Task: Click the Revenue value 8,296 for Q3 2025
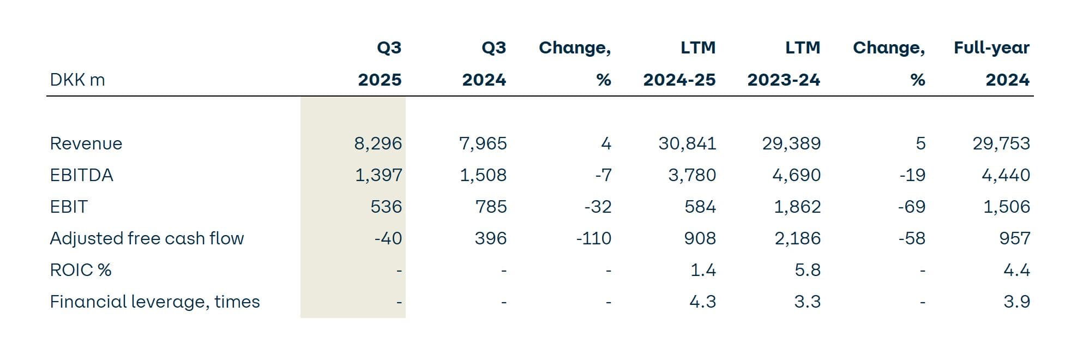[x=378, y=143]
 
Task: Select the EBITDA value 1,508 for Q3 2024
[x=483, y=175]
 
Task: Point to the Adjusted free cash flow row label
[x=147, y=238]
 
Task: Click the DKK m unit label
[x=77, y=80]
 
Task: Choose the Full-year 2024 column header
[x=991, y=63]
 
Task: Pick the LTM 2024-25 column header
[x=679, y=63]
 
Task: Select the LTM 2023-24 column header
[x=784, y=63]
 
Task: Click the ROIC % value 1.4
[x=703, y=270]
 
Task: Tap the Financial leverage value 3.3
[x=807, y=302]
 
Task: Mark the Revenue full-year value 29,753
[x=1001, y=143]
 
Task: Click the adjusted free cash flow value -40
[x=388, y=238]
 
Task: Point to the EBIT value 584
[x=700, y=207]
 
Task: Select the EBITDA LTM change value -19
[x=912, y=175]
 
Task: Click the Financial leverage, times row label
[x=155, y=302]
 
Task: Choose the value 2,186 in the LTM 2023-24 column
[x=797, y=238]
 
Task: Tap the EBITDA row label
[x=81, y=175]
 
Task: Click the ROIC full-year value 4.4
[x=1016, y=270]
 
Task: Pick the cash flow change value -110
[x=593, y=238]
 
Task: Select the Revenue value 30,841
[x=687, y=143]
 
